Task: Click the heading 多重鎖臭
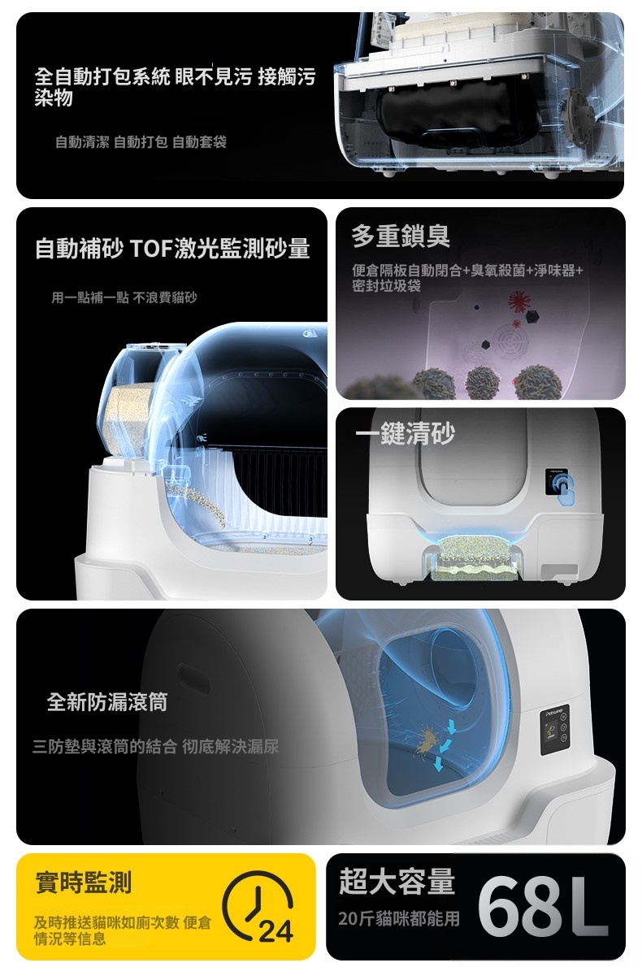(x=401, y=236)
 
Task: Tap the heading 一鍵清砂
(x=406, y=433)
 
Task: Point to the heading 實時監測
(x=83, y=882)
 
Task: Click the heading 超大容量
(x=397, y=881)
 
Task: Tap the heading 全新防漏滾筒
(x=107, y=702)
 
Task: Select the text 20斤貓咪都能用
(x=399, y=919)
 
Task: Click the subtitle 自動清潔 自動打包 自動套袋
(x=141, y=142)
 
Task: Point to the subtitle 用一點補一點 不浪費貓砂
(x=124, y=298)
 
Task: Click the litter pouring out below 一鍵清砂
(x=474, y=557)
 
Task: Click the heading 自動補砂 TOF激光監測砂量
(x=172, y=249)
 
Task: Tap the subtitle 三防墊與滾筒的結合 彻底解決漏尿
(x=155, y=746)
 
